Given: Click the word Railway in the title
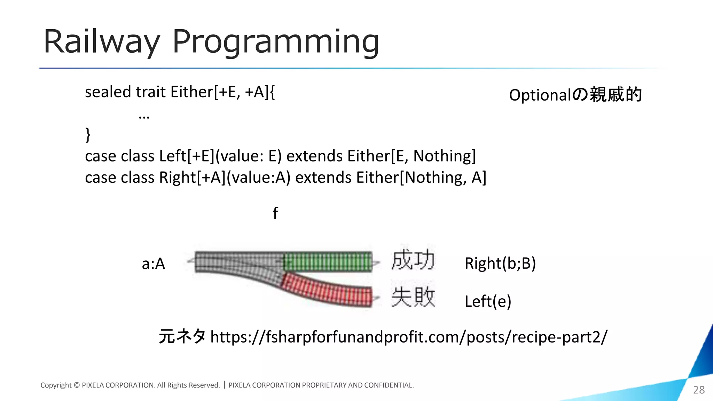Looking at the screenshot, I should (101, 42).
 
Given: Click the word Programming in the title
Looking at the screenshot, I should (275, 42).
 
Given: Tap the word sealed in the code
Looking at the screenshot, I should (108, 92).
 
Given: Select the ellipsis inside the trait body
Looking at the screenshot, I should (144, 117).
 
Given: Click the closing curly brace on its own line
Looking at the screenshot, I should (88, 134).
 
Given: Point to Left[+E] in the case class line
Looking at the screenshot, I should (187, 156).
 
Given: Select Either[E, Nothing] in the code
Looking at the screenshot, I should (411, 156).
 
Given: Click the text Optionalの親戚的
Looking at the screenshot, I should (575, 95).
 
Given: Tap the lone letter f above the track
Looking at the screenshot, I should (275, 213).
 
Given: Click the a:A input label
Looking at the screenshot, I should (153, 264).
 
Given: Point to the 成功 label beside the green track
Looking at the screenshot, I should (413, 260).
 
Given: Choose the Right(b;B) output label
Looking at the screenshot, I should (500, 263).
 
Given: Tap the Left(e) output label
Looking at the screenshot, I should (488, 301).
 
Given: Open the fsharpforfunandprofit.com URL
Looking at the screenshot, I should (409, 337).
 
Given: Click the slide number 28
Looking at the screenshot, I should (699, 390).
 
